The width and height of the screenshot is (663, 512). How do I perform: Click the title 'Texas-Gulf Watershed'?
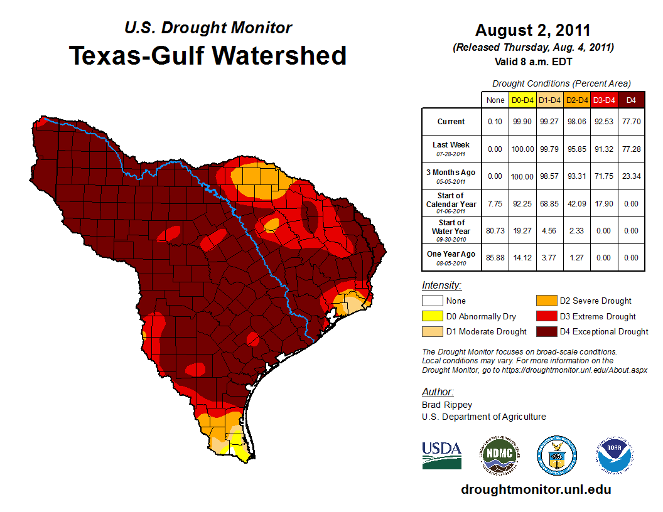pos(207,55)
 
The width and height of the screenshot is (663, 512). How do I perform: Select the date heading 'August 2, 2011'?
pos(532,30)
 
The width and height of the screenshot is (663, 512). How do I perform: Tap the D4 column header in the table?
pos(631,100)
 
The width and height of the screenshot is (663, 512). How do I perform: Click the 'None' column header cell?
pos(495,100)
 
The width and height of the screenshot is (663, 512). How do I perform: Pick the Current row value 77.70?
pos(631,122)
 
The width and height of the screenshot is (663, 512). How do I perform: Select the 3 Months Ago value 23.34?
pos(631,176)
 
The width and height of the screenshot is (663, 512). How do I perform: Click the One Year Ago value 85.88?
pos(495,257)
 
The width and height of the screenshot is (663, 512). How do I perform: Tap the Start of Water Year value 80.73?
pos(495,230)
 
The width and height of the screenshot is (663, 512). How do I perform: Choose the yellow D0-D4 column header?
pos(522,100)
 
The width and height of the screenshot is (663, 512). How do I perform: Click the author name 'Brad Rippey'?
pos(447,405)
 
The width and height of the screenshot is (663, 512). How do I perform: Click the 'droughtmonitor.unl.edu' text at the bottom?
pos(536,489)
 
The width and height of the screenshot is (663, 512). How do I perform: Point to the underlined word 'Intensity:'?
pos(441,285)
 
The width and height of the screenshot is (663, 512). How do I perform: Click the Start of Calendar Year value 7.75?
pos(495,203)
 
